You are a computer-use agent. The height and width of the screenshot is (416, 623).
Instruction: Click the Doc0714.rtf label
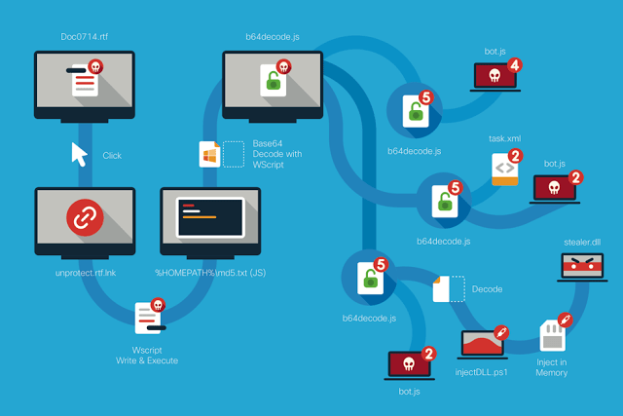tap(85, 37)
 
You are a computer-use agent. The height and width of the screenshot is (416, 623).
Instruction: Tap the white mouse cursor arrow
tap(79, 154)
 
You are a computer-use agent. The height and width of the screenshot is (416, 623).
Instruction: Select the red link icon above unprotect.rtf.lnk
tap(85, 217)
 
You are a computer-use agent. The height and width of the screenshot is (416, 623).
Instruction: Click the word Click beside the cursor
tap(112, 156)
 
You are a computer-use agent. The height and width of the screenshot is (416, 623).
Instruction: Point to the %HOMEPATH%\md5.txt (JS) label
tap(210, 273)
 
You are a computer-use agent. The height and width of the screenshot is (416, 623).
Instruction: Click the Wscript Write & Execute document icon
tap(149, 318)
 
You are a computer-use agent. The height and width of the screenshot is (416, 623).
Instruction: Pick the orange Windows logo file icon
tap(210, 154)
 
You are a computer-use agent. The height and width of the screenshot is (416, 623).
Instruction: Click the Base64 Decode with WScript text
tap(276, 154)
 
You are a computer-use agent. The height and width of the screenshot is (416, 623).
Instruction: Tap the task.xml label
tap(504, 138)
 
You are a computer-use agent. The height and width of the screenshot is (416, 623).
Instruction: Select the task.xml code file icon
tap(505, 170)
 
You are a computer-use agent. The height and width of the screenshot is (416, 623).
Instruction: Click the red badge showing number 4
tap(515, 65)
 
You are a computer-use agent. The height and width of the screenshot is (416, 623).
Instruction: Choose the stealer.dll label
tap(582, 243)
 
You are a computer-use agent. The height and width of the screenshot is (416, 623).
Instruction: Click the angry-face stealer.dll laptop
tap(582, 267)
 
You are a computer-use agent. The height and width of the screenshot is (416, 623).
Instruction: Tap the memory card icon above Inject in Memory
tap(553, 336)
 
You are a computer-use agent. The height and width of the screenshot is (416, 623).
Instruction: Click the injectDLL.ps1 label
tap(481, 372)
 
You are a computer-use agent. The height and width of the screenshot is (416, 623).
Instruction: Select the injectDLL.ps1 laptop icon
tap(483, 345)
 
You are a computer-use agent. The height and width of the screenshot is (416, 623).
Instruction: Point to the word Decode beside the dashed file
tap(487, 289)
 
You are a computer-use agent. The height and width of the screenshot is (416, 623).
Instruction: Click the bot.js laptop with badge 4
tap(495, 77)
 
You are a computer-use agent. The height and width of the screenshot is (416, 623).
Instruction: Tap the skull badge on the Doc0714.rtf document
tap(95, 66)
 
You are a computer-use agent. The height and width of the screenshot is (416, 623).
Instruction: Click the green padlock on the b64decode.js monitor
tap(274, 81)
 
